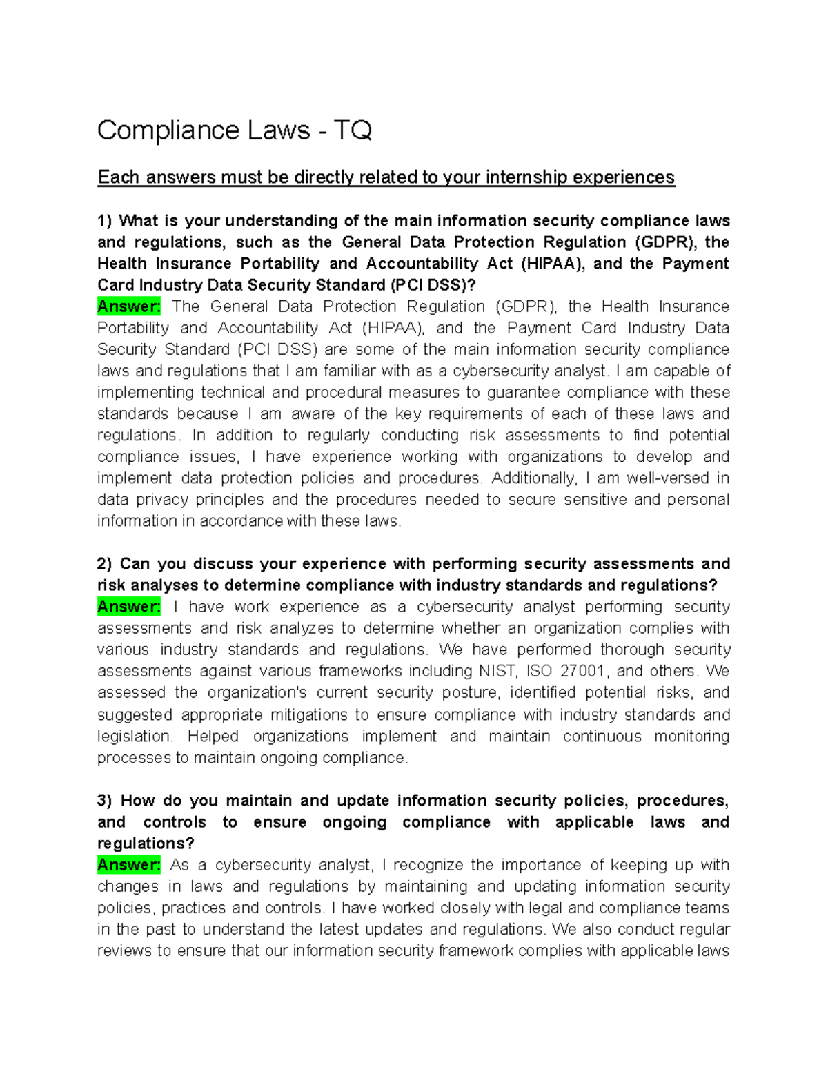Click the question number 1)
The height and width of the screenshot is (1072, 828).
(104, 221)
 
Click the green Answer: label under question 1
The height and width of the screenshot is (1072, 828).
(129, 306)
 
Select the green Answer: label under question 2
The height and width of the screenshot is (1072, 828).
(129, 607)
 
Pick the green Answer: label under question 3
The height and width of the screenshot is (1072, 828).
(129, 865)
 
